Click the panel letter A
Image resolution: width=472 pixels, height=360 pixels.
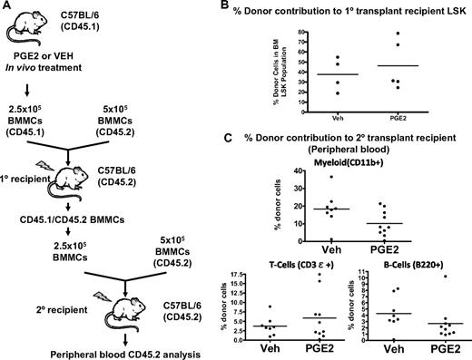tap(6, 7)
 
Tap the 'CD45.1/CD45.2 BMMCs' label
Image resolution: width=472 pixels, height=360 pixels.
tap(90, 231)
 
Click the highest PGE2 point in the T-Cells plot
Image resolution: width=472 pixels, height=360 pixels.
tap(319, 274)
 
